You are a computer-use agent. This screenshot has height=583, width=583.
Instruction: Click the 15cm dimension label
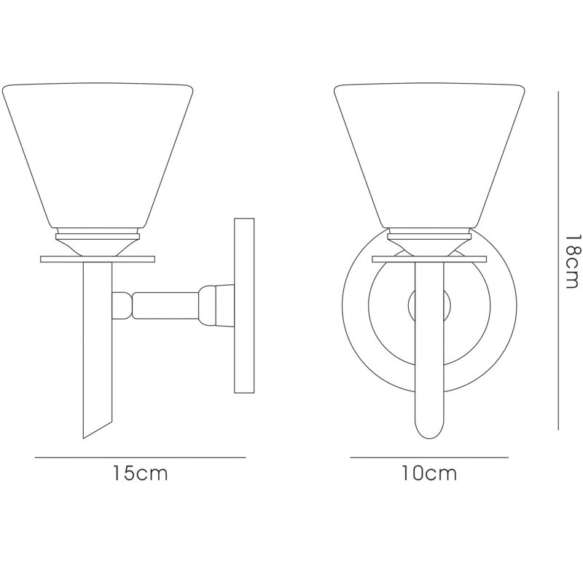tap(141, 473)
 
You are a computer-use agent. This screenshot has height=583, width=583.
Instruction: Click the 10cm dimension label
tap(429, 473)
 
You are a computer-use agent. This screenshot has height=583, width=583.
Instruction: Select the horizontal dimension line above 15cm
tap(141, 457)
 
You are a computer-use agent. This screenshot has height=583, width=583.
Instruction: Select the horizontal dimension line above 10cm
tap(429, 457)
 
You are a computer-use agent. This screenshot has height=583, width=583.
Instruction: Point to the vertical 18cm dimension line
tap(558, 261)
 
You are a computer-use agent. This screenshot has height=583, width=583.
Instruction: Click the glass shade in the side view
tap(98, 155)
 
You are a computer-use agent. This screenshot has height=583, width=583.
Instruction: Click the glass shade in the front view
tap(429, 155)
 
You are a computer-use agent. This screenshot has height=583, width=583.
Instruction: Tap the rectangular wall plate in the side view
tap(244, 305)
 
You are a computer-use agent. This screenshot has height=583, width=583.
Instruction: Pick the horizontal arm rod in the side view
tap(166, 305)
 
